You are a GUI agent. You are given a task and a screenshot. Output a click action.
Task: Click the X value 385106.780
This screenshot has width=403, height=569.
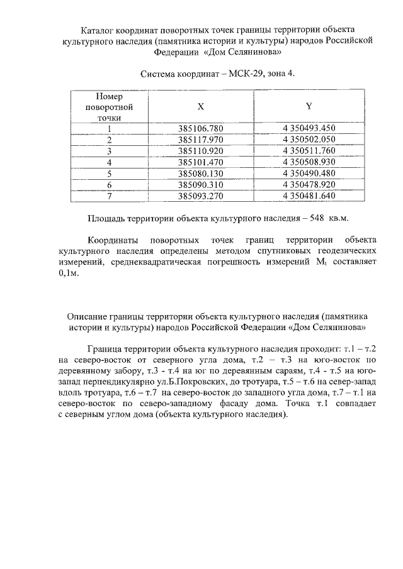pos(201,128)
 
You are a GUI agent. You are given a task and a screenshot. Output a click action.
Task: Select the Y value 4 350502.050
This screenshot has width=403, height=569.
pos(309,140)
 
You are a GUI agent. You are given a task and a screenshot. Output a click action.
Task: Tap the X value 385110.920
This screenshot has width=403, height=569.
pos(201,151)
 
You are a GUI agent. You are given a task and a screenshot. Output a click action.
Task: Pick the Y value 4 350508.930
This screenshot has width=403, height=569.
pos(309,162)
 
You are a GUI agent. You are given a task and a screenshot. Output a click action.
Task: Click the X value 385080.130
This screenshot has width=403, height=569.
pos(201,174)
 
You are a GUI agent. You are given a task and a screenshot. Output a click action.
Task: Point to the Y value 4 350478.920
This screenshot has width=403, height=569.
pos(309,185)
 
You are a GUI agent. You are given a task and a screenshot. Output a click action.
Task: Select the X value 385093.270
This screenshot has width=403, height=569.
pos(201,196)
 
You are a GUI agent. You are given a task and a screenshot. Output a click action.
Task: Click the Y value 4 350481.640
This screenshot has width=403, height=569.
pos(309,196)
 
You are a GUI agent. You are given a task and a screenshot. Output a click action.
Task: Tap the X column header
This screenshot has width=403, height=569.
pos(201,107)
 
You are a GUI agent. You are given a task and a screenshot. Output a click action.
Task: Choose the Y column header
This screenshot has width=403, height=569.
pos(309,106)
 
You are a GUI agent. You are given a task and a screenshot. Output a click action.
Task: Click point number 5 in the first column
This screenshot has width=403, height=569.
pos(109,174)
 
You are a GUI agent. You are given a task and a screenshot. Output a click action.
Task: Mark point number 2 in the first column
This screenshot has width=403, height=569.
pos(109,140)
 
